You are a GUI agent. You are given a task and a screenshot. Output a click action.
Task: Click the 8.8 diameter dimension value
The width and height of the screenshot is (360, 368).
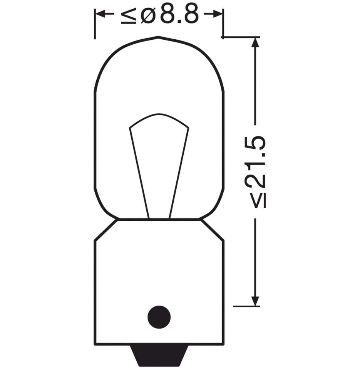pos(179,15)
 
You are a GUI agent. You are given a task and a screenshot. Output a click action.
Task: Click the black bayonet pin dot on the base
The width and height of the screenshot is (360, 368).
pos(159,317)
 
